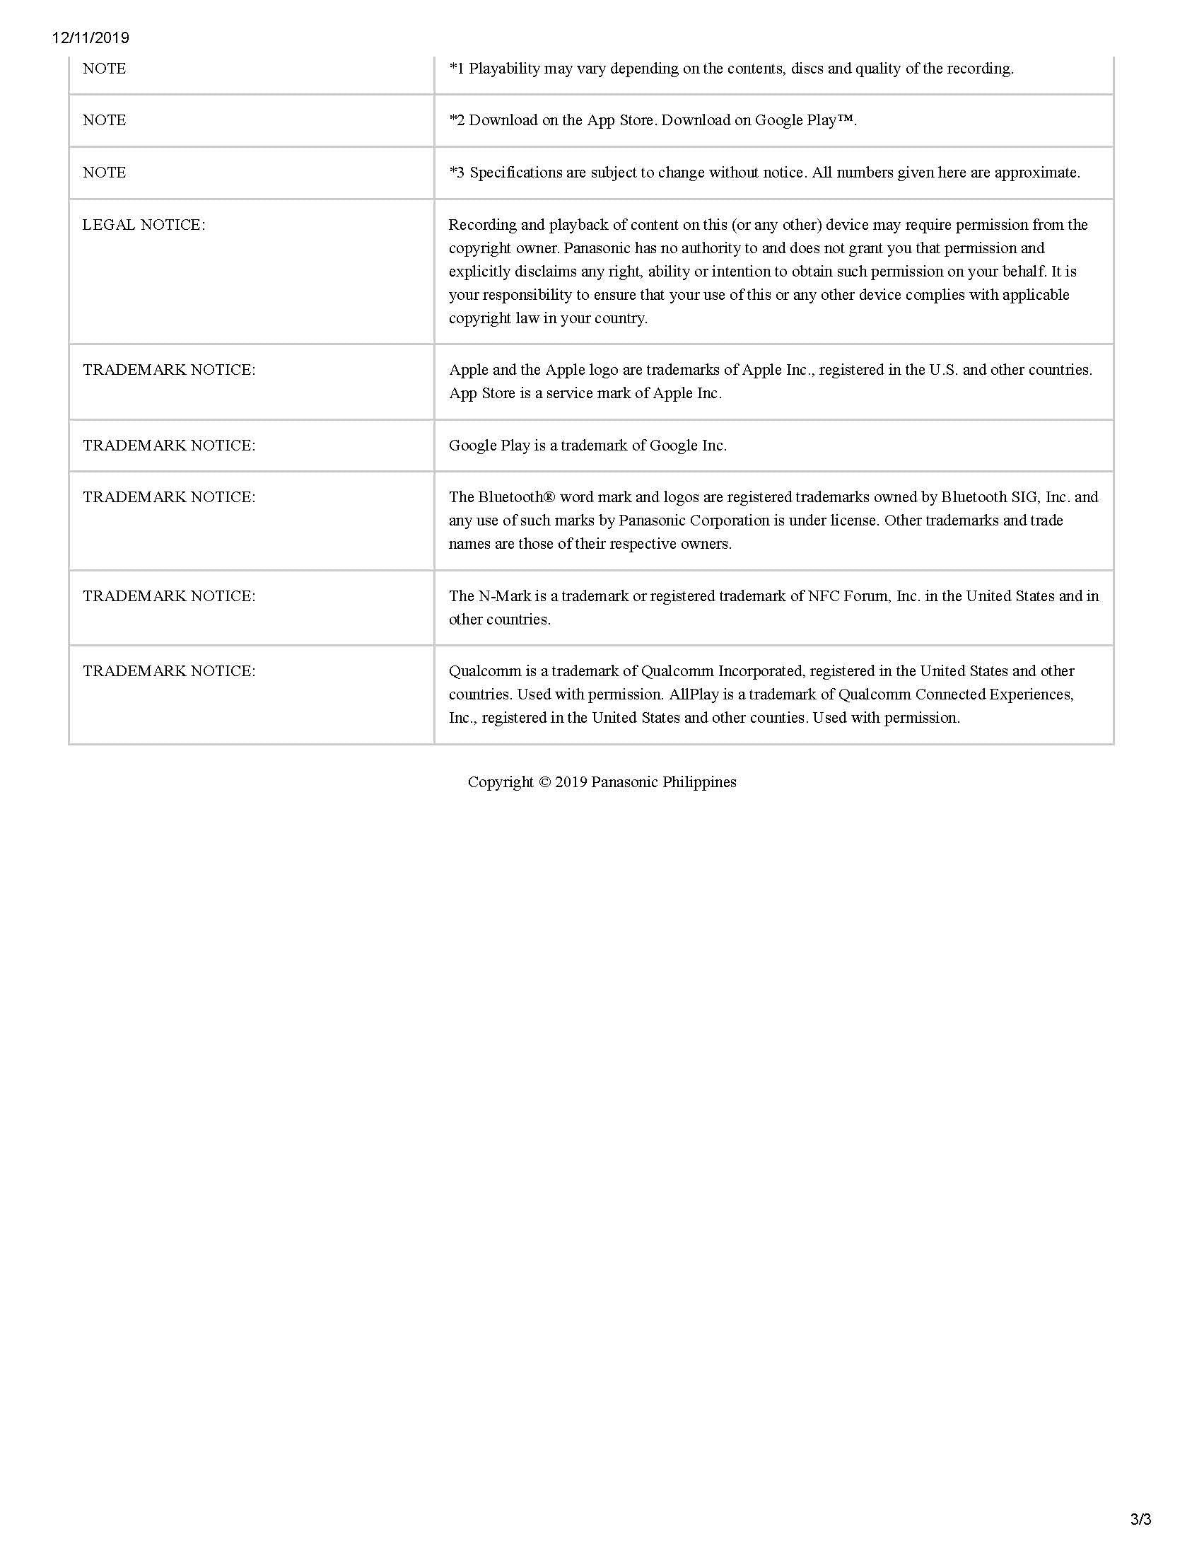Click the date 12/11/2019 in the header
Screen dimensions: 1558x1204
pyautogui.click(x=90, y=37)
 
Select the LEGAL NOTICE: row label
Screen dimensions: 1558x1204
pyautogui.click(x=144, y=225)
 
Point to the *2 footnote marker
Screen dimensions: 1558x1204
pyautogui.click(x=457, y=120)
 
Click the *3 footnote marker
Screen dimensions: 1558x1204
pyautogui.click(x=457, y=172)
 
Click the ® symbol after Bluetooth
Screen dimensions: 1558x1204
pyautogui.click(x=549, y=496)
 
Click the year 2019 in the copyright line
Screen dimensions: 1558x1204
pyautogui.click(x=571, y=782)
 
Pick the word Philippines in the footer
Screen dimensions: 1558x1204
pyautogui.click(x=699, y=782)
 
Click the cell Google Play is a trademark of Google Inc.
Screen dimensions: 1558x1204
pyautogui.click(x=588, y=445)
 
